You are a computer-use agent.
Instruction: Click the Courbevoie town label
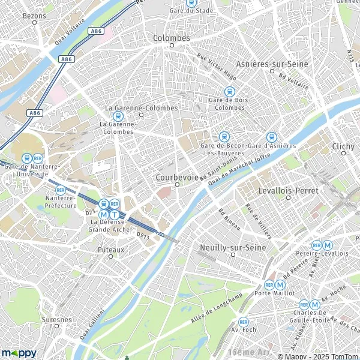177,178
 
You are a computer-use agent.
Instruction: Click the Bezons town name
35,14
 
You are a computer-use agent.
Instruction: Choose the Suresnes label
57,320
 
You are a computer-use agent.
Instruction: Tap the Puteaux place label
110,248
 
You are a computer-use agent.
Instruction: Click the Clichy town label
343,146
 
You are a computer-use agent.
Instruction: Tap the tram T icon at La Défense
115,214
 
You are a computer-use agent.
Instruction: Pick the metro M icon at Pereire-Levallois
328,245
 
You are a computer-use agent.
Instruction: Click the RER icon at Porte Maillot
269,285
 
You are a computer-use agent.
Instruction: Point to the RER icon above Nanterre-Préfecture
60,190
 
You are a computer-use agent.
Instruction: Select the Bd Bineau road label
229,218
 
